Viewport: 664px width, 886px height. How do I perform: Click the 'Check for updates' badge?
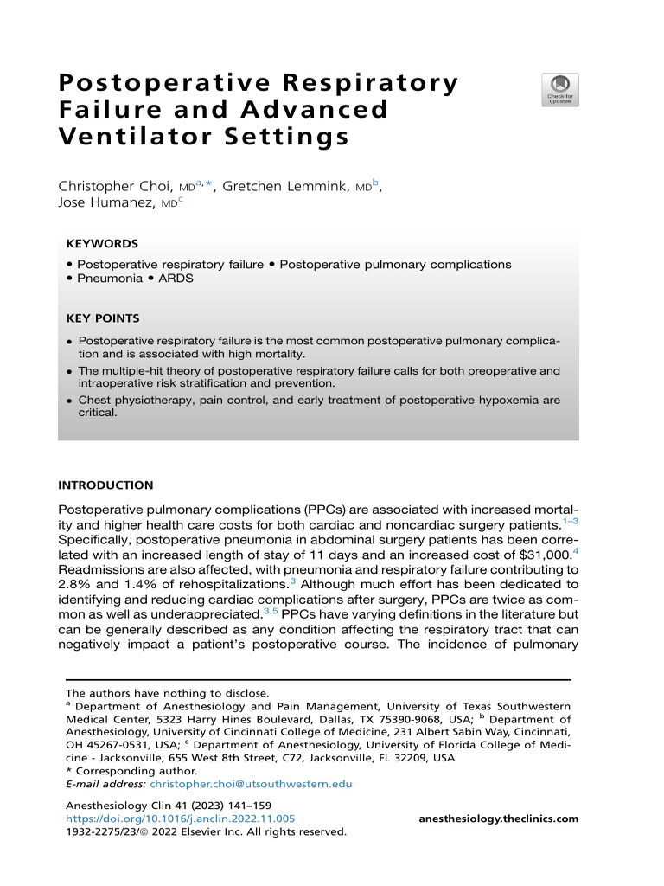click(560, 90)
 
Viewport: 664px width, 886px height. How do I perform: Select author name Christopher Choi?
click(118, 186)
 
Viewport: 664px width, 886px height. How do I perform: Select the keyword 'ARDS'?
click(176, 279)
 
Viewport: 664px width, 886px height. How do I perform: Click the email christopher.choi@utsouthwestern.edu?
click(251, 784)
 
